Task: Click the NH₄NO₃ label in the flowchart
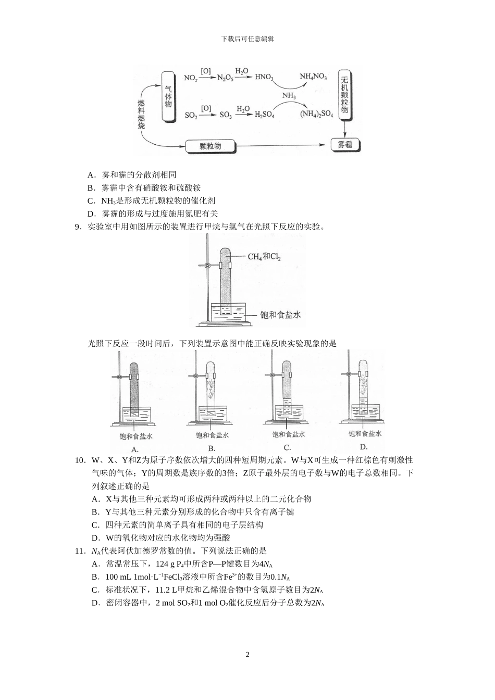click(313, 77)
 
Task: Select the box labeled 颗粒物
click(210, 146)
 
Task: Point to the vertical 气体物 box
click(168, 97)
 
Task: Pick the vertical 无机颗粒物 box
click(344, 94)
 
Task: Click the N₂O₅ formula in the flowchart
click(225, 78)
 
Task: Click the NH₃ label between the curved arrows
click(289, 96)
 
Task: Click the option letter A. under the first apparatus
click(134, 449)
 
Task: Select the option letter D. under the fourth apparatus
click(364, 447)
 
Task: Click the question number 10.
click(80, 460)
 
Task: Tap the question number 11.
click(80, 551)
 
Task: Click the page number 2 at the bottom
click(247, 655)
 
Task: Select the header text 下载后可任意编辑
click(247, 39)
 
